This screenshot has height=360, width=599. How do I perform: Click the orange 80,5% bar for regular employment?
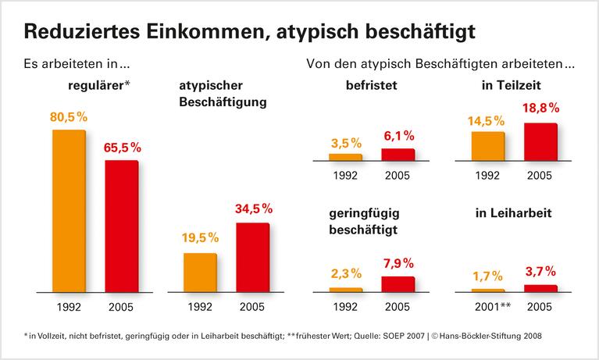pyautogui.click(x=69, y=210)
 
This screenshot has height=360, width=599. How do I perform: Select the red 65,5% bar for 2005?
pyautogui.click(x=121, y=226)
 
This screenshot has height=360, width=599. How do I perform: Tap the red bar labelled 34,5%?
pyautogui.click(x=252, y=257)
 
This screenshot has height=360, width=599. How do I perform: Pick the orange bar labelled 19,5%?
pyautogui.click(x=200, y=272)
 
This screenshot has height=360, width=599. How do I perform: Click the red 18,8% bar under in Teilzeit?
pyautogui.click(x=540, y=141)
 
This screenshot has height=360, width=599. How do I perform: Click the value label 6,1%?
pyautogui.click(x=398, y=136)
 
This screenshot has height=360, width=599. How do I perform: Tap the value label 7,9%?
pyautogui.click(x=398, y=262)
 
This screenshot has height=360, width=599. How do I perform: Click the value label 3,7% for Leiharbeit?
pyautogui.click(x=540, y=271)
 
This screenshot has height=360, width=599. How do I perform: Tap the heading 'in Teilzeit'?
pyautogui.click(x=513, y=86)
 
